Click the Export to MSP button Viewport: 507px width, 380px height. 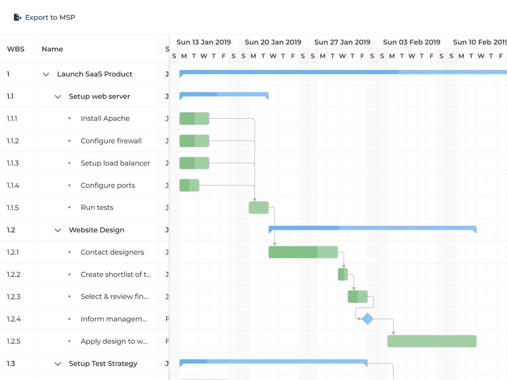[x=45, y=17]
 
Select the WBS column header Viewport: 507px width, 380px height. [x=16, y=49]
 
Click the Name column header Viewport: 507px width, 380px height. [x=52, y=49]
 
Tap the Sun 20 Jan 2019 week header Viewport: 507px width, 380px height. [x=273, y=42]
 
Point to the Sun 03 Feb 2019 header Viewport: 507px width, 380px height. [x=411, y=42]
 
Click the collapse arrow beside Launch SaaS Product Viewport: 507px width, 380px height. [x=46, y=74]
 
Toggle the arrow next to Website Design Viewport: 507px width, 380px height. [x=58, y=230]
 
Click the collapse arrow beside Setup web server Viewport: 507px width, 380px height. [x=58, y=96]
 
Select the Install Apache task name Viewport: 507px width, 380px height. [x=105, y=119]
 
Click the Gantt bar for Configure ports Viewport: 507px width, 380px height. [x=189, y=186]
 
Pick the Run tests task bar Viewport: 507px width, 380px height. [x=258, y=208]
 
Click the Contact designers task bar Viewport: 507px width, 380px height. [x=303, y=252]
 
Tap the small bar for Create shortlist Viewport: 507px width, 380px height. [x=343, y=275]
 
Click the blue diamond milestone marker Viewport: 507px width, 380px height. [x=367, y=319]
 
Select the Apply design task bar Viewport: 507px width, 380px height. [x=432, y=341]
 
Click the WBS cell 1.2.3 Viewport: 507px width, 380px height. [x=14, y=297]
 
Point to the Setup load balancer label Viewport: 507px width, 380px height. [x=115, y=163]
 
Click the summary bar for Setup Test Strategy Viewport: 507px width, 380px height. [x=273, y=362]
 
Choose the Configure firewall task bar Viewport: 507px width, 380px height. [x=194, y=141]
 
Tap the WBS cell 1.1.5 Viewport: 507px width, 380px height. [x=13, y=208]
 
